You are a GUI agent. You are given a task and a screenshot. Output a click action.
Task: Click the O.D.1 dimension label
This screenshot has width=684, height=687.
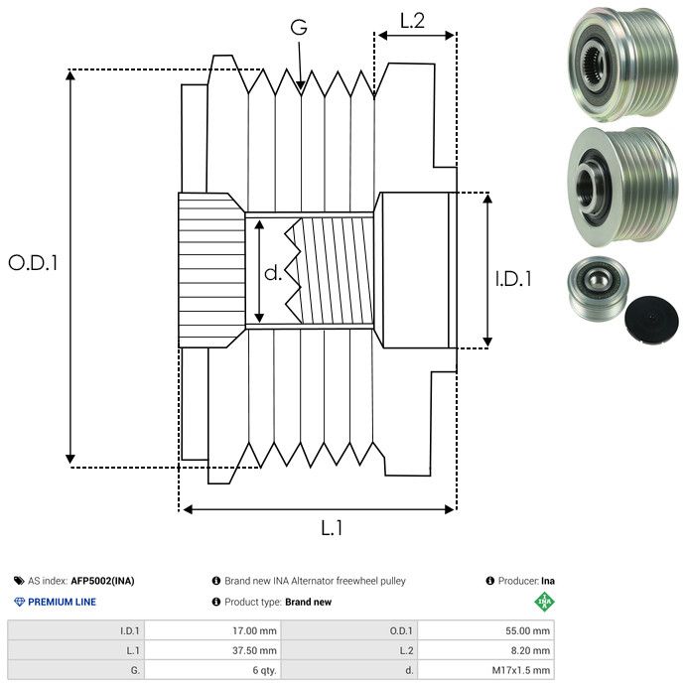point(34,263)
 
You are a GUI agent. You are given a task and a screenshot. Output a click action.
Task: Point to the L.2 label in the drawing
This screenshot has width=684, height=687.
point(412,20)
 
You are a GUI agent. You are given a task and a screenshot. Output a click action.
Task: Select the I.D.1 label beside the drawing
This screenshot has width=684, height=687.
point(513,280)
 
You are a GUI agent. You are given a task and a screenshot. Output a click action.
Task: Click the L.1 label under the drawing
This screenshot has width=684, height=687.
point(331,528)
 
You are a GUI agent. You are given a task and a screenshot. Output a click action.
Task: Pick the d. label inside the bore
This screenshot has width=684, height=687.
point(273,272)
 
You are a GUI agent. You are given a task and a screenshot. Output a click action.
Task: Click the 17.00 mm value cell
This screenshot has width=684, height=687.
point(213,630)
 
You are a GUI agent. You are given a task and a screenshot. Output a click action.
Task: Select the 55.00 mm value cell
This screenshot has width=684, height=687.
point(485,630)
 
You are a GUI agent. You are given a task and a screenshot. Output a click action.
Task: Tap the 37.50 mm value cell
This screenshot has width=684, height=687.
point(213,650)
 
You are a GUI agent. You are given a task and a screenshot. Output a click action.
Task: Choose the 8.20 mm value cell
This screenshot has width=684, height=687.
point(485,650)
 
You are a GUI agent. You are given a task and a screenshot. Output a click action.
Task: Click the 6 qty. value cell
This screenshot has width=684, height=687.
point(213,670)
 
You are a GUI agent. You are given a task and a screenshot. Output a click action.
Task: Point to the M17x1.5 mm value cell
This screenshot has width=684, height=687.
point(485,670)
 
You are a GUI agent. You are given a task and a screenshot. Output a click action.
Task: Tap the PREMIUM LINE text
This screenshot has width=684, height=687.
point(62,602)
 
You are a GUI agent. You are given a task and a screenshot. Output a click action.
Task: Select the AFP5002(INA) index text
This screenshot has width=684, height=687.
point(102,581)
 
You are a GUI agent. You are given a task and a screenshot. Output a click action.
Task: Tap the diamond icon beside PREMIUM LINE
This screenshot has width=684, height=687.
point(19,602)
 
